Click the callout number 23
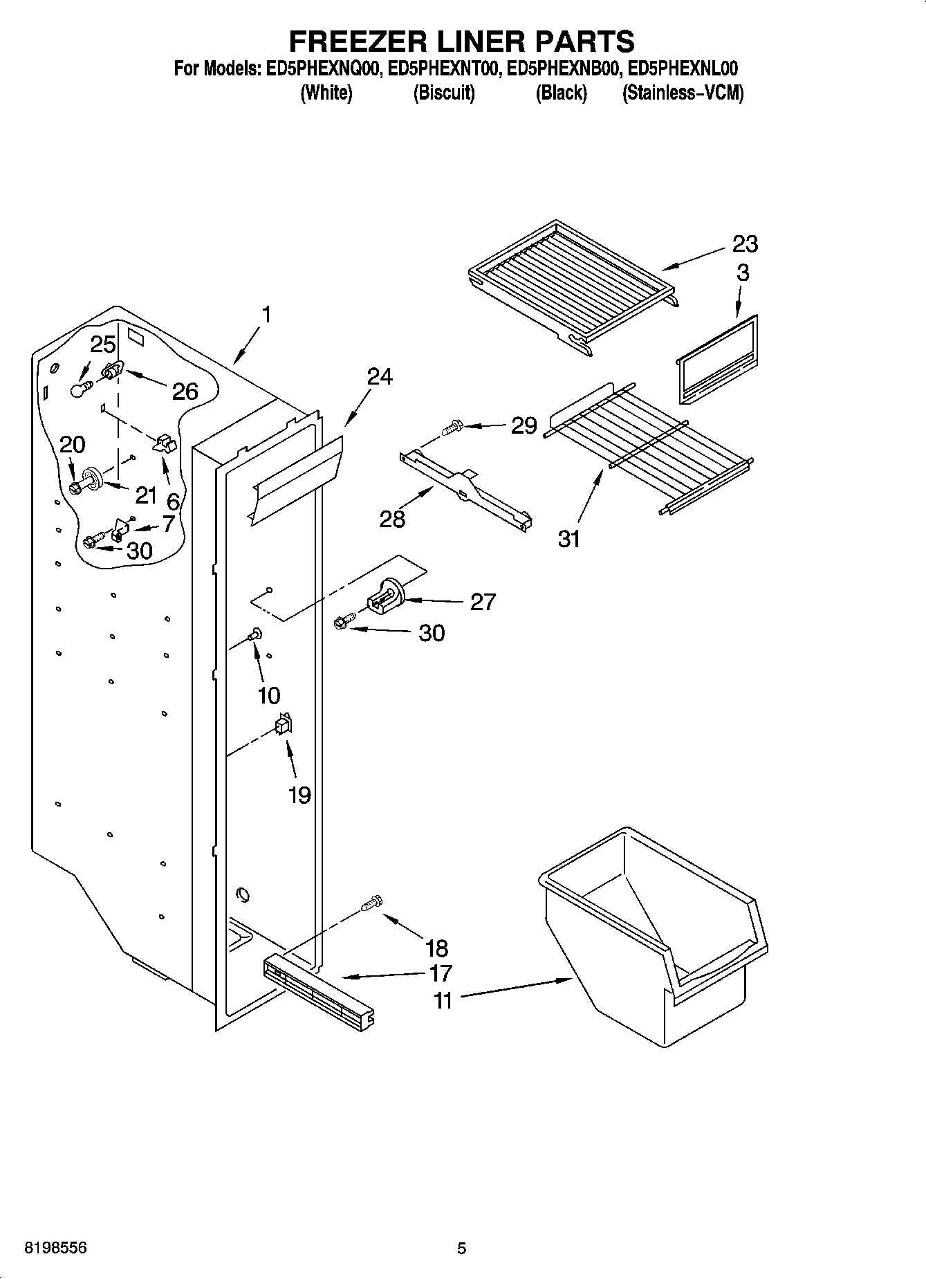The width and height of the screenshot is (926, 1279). (x=746, y=243)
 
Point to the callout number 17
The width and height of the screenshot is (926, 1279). (x=441, y=973)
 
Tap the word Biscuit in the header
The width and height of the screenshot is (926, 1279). (x=443, y=93)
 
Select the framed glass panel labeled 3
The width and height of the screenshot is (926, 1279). (x=717, y=360)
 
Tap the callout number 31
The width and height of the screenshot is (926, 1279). (x=569, y=538)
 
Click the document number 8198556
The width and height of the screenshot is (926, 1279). (x=55, y=1247)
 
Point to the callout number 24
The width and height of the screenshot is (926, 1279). (x=380, y=376)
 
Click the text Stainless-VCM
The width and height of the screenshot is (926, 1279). (x=683, y=93)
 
